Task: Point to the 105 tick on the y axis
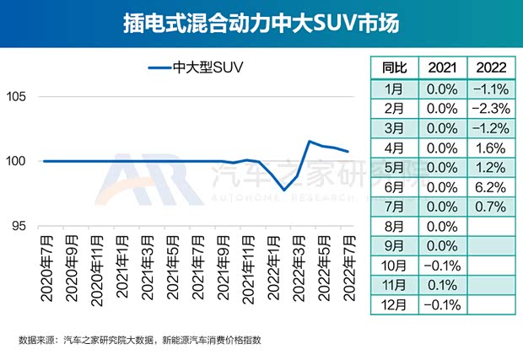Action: (21, 97)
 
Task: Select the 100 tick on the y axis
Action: (21, 161)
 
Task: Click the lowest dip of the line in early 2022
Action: (285, 191)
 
